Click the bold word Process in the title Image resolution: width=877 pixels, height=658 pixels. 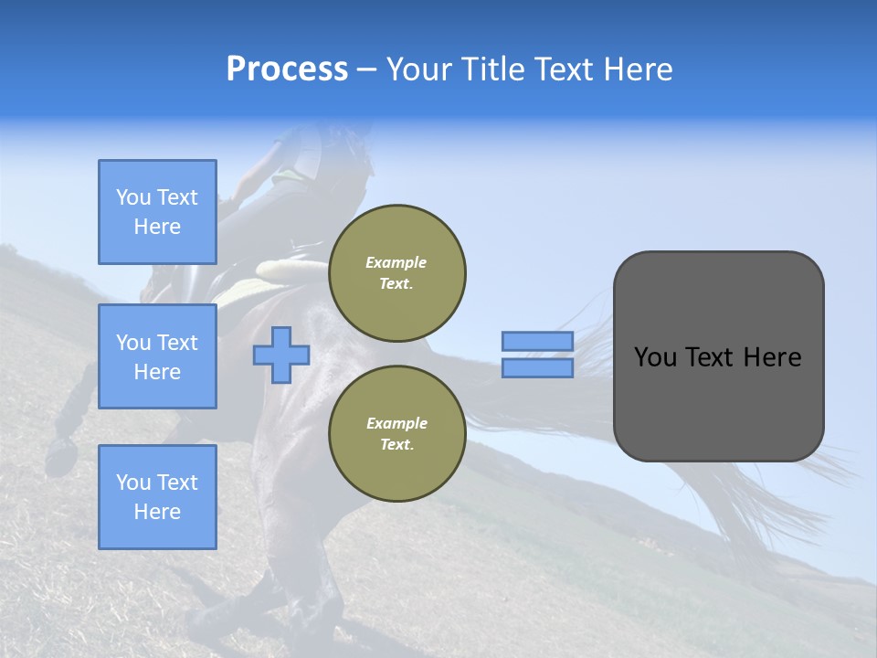tap(287, 69)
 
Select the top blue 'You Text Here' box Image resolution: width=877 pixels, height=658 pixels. tap(157, 212)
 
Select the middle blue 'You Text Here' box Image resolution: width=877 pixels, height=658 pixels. tap(157, 356)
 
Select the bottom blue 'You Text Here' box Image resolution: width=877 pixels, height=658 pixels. tap(157, 497)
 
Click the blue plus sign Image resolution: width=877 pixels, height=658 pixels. tap(281, 355)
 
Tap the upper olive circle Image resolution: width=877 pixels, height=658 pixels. tap(396, 273)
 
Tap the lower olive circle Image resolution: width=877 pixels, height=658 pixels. tap(396, 434)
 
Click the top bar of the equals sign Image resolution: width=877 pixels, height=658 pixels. tap(538, 341)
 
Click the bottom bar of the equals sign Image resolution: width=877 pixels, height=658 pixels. tap(538, 368)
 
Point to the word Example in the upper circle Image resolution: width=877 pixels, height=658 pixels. tap(396, 262)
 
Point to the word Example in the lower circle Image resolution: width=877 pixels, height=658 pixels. tap(396, 423)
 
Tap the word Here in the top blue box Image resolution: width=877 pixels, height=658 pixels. tap(157, 227)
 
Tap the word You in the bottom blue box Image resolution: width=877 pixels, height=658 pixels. tap(133, 483)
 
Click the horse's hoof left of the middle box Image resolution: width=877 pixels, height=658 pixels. tap(61, 454)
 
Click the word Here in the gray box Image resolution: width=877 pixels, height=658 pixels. tap(774, 357)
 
